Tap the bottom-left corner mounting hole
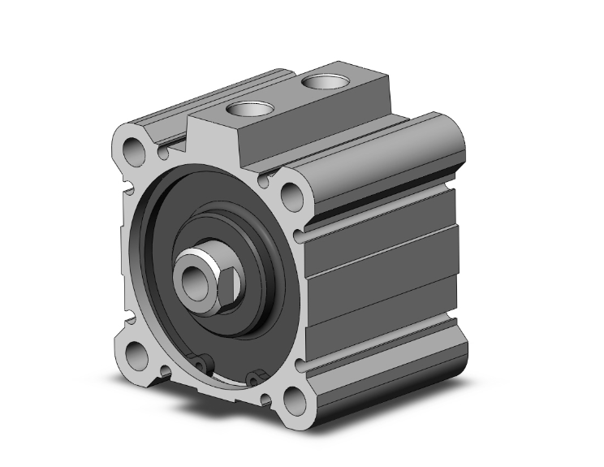pyautogui.click(x=135, y=354)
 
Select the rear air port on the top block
pyautogui.click(x=320, y=82)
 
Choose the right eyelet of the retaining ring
pyautogui.click(x=257, y=376)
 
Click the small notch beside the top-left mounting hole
pyautogui.click(x=166, y=151)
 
